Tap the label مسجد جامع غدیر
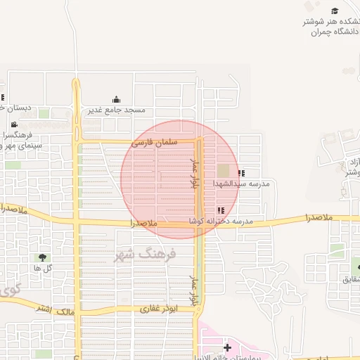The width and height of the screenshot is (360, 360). tap(117, 110)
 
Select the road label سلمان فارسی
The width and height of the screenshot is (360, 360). tap(154, 143)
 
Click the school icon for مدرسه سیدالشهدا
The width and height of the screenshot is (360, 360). tap(241, 173)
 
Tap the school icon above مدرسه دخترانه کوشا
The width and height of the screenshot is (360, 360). tap(221, 210)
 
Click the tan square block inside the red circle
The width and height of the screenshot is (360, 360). tap(223, 171)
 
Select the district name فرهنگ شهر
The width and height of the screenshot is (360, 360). tap(146, 254)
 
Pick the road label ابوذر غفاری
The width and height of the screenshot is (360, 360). tap(159, 308)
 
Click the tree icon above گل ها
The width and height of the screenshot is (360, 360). tap(43, 257)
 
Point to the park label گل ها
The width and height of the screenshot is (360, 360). tap(42, 268)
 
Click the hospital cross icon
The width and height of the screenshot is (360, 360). tap(227, 347)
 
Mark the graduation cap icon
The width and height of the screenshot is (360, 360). tap(335, 11)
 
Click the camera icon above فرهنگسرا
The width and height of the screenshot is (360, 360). tap(14, 124)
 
